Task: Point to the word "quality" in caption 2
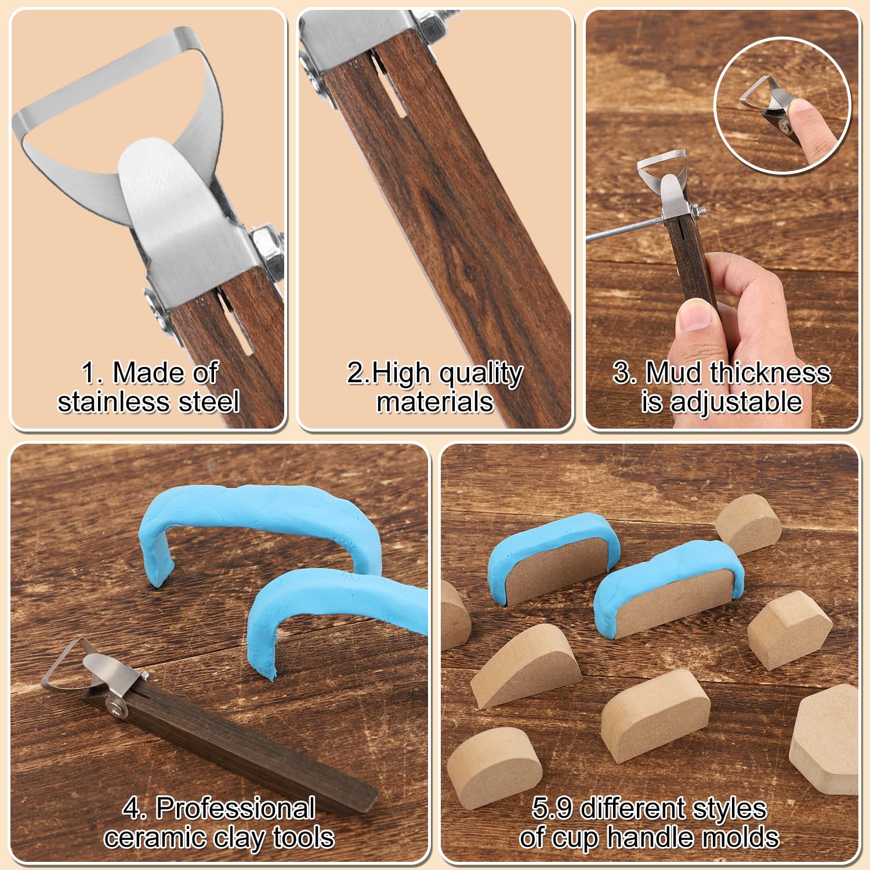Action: coord(481,375)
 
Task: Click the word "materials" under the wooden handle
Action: coord(435,401)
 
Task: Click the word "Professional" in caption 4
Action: coord(235,808)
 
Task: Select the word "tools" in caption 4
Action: coord(302,837)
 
